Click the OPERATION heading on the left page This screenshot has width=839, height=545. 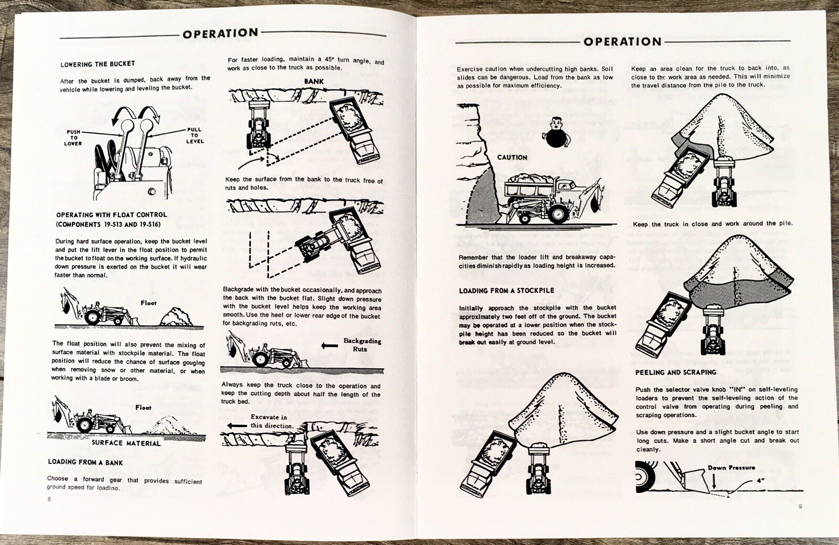[x=220, y=34]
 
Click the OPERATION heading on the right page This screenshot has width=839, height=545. [x=622, y=42]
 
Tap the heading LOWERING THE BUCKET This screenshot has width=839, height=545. [x=98, y=64]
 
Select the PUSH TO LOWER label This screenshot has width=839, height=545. [x=73, y=137]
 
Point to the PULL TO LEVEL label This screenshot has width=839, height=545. [x=195, y=135]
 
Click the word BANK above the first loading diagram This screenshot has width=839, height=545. [x=314, y=81]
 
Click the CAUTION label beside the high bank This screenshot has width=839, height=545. [x=512, y=157]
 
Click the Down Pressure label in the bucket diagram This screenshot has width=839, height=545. [x=731, y=467]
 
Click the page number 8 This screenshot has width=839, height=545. [x=49, y=499]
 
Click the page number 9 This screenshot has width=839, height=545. [x=800, y=506]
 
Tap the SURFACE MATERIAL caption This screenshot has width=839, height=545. [x=126, y=443]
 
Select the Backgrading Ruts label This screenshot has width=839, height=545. [x=362, y=345]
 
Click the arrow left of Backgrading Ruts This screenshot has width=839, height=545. [x=329, y=345]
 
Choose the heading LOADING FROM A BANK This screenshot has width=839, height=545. [x=85, y=462]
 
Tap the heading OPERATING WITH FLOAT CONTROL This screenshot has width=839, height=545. [x=111, y=219]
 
